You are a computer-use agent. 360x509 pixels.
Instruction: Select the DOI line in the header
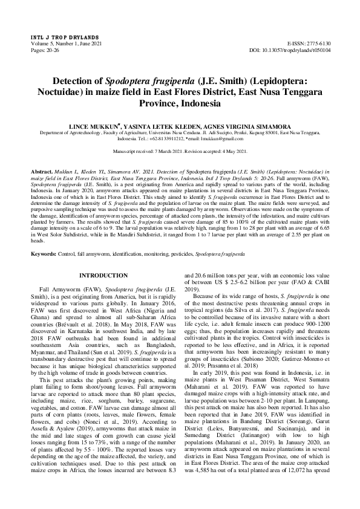tap(298, 51)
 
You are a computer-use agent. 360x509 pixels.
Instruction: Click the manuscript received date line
tap(180, 151)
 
